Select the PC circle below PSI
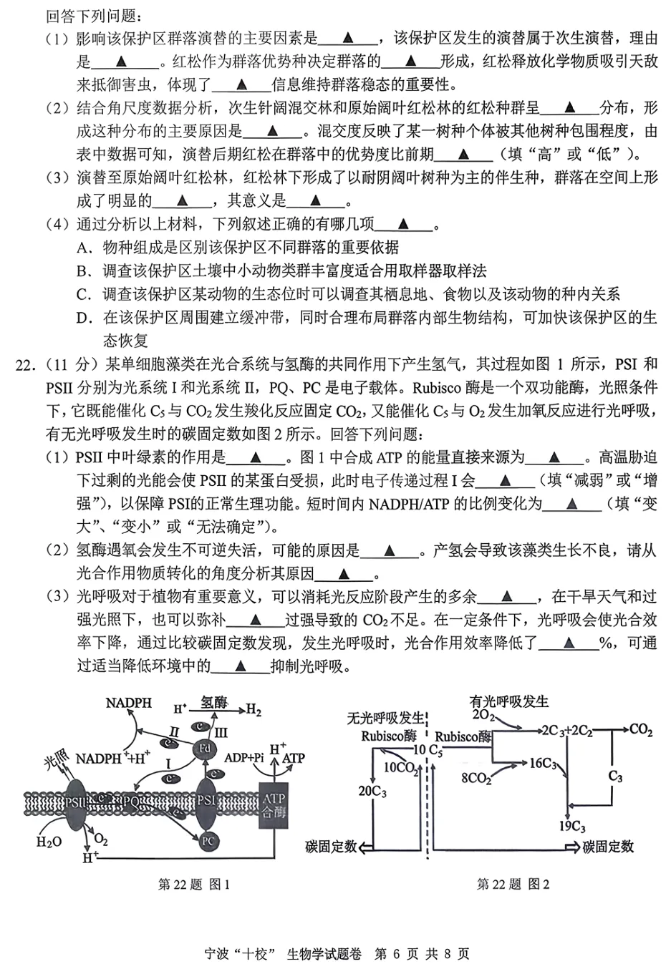pyautogui.click(x=208, y=841)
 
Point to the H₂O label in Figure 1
pyautogui.click(x=49, y=842)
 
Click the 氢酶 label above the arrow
pyautogui.click(x=213, y=703)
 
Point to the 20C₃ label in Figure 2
pyautogui.click(x=372, y=791)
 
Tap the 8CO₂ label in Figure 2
pyautogui.click(x=476, y=778)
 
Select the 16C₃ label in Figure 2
pyautogui.click(x=543, y=764)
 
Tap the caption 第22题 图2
pyautogui.click(x=513, y=884)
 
